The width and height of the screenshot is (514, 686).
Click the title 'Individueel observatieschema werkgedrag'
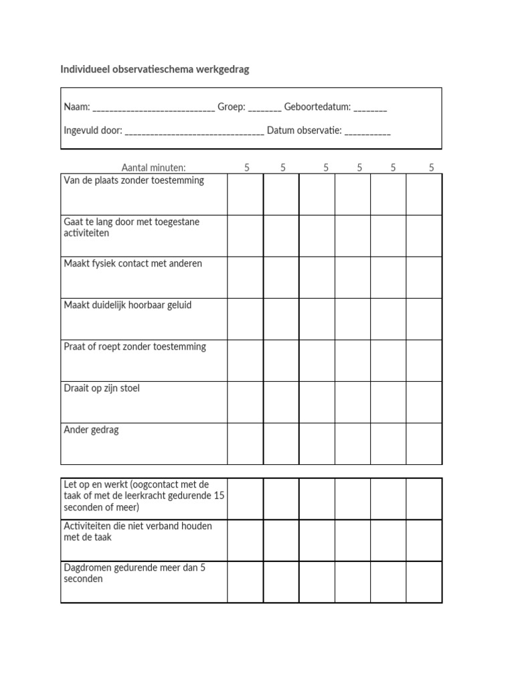[x=155, y=70]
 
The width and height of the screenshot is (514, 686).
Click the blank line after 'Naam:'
[x=154, y=108]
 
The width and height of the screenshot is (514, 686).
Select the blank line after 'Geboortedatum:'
[x=370, y=108]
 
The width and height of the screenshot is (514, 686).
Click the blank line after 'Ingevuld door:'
[x=194, y=131]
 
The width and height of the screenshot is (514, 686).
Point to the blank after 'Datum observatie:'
[x=368, y=131]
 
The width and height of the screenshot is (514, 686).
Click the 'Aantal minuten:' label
[x=154, y=168]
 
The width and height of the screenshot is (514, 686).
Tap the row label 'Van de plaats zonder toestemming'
[x=134, y=181]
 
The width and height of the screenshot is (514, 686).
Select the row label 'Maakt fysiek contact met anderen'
[x=133, y=264]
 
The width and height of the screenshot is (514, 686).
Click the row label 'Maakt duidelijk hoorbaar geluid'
[x=128, y=305]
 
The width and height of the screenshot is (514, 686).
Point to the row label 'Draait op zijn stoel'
[x=102, y=389]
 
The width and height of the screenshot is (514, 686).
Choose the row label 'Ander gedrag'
[x=91, y=430]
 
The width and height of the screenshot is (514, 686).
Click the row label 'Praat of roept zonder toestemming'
[x=135, y=347]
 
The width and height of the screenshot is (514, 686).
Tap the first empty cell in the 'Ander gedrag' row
[x=245, y=443]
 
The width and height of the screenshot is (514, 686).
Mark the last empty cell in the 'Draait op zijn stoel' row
[x=424, y=402]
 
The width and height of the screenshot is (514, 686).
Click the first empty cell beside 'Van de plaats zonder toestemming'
[x=245, y=194]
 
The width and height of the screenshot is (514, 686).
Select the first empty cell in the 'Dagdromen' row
[x=245, y=581]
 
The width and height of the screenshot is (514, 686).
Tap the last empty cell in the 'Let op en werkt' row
[x=424, y=498]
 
